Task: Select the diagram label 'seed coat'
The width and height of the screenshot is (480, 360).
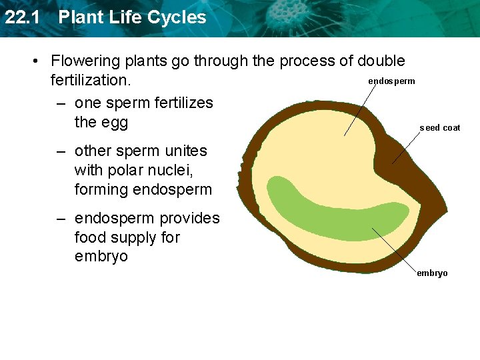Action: [x=440, y=128]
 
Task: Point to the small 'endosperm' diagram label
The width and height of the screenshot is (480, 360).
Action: [x=391, y=81]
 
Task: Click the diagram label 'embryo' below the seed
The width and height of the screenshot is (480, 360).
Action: [x=432, y=273]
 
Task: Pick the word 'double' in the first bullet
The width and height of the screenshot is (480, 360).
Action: [x=381, y=61]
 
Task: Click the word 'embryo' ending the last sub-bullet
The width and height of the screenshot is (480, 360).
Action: [x=101, y=257]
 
